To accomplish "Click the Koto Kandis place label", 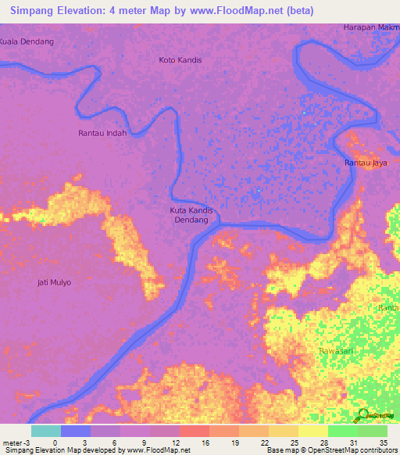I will pyautogui.click(x=180, y=59).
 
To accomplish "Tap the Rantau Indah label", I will pyautogui.click(x=102, y=133).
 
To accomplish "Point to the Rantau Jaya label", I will pyautogui.click(x=366, y=163).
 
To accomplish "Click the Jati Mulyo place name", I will pyautogui.click(x=54, y=282).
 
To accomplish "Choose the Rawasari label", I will pyautogui.click(x=337, y=351).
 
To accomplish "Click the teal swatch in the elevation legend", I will pyautogui.click(x=46, y=431).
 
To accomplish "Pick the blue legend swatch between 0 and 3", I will pyautogui.click(x=76, y=431).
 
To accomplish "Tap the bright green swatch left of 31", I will pyautogui.click(x=342, y=431).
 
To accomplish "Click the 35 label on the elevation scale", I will pyautogui.click(x=384, y=442).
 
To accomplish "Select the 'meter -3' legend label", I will pyautogui.click(x=15, y=442).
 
